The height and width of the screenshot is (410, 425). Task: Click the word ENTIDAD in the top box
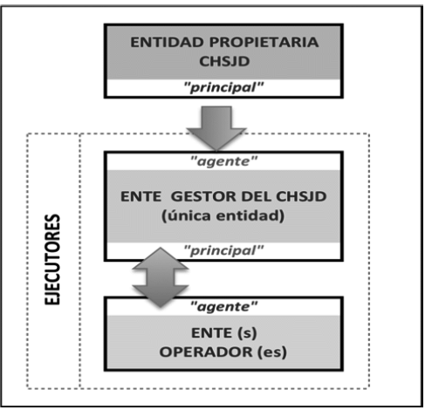167,43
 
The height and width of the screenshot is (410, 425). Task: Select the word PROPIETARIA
264,43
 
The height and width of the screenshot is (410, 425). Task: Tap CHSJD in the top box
224,61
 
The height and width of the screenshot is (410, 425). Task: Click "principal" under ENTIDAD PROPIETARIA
223,87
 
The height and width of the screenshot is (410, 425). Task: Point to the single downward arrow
216,129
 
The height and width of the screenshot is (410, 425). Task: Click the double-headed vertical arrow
161,277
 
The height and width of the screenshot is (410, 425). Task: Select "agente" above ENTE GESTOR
223,161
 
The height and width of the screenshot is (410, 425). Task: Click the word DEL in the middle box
257,196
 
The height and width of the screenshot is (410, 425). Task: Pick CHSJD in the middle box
301,196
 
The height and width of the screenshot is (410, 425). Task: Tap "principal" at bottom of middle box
223,250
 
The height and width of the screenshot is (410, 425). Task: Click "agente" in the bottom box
223,307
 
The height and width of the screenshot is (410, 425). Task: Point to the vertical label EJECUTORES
52,259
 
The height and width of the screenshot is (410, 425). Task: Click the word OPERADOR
206,352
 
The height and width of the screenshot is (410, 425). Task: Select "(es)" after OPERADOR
272,352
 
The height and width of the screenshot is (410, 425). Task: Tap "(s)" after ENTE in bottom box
247,333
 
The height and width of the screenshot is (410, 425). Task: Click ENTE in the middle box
141,196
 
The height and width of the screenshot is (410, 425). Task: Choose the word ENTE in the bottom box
211,333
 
